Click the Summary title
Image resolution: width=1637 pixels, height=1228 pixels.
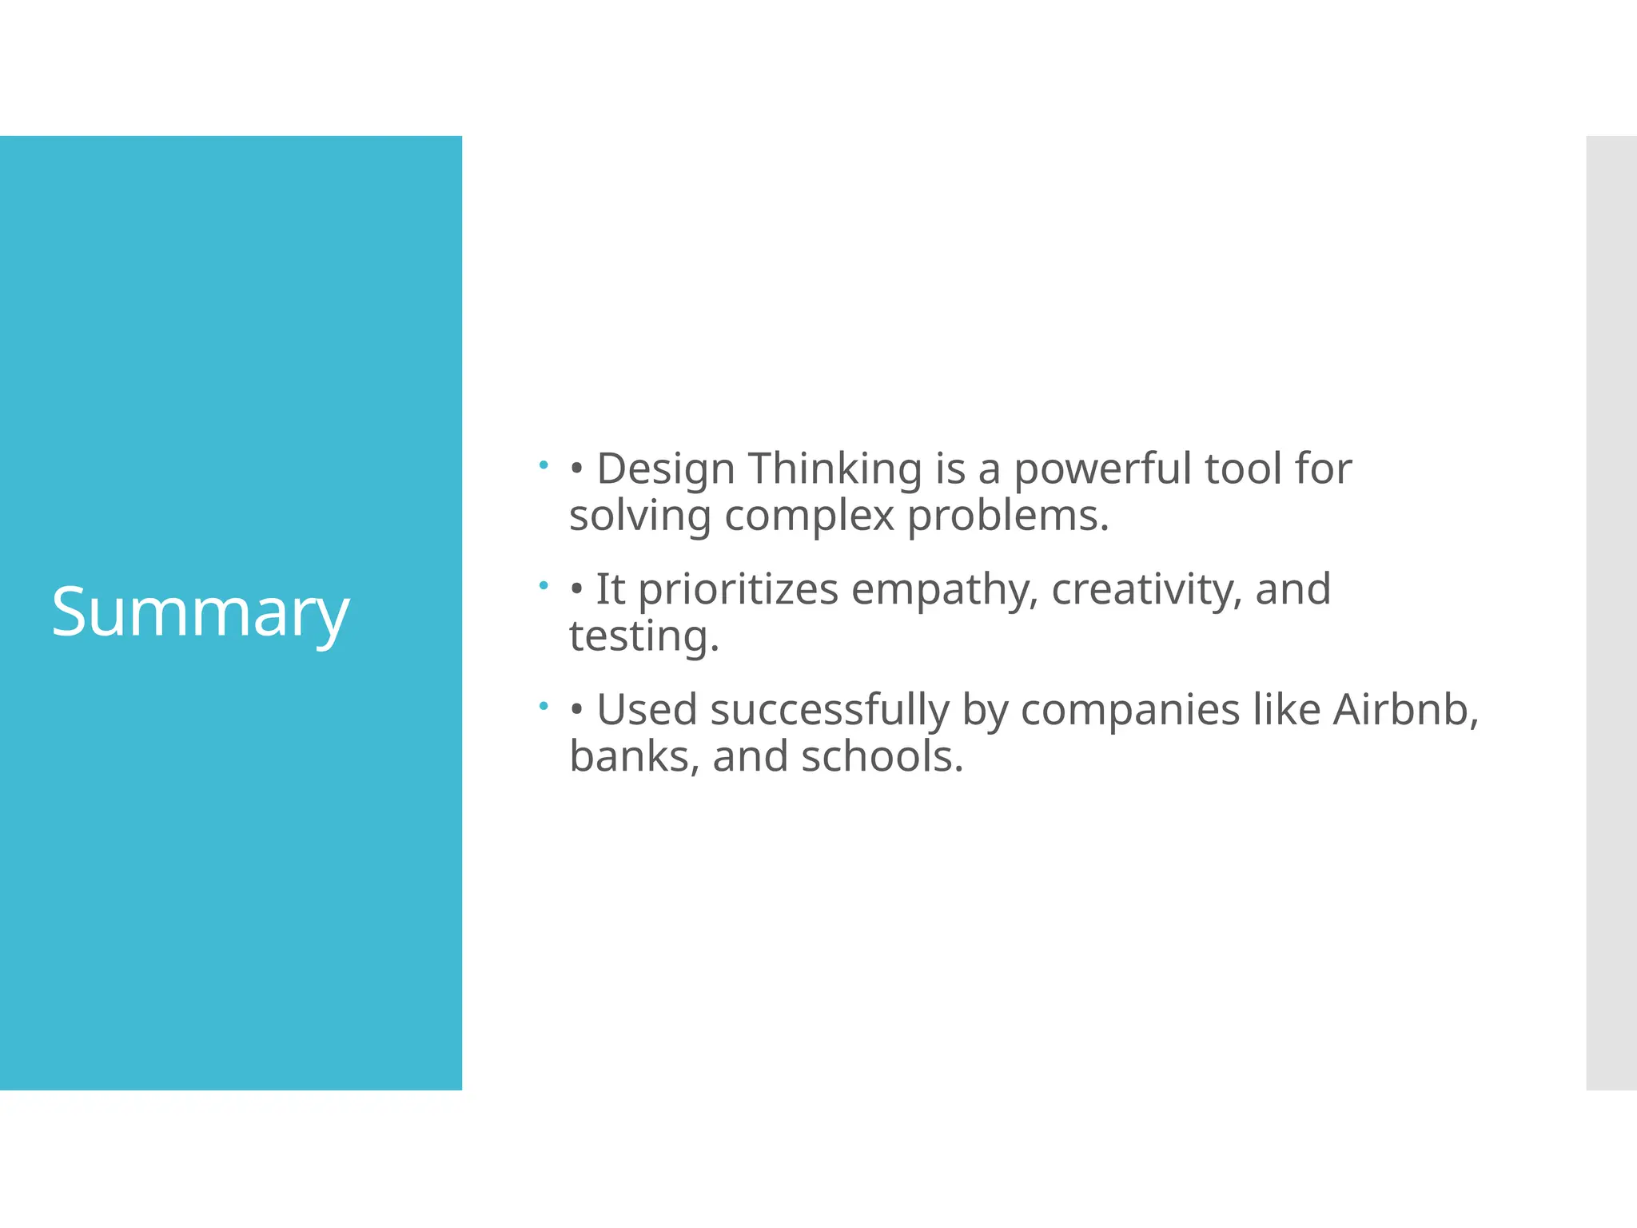[200, 612]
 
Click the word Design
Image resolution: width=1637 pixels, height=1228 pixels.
[665, 469]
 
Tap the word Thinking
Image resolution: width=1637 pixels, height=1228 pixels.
[834, 469]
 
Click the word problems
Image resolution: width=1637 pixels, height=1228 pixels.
[1007, 516]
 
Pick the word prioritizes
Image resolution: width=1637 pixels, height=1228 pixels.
[738, 590]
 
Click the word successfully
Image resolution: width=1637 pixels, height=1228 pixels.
[829, 711]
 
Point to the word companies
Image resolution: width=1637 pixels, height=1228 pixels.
[1129, 711]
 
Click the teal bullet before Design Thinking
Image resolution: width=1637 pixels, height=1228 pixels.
[544, 464]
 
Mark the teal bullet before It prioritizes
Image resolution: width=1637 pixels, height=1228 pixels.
[544, 585]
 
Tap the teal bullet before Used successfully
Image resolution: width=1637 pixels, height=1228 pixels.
[544, 706]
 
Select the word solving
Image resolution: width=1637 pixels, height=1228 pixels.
[639, 516]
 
